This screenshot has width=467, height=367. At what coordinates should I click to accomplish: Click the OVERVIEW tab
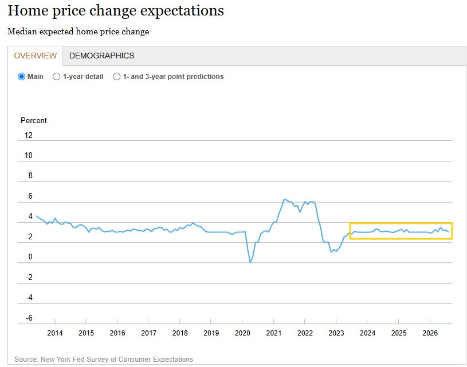35,56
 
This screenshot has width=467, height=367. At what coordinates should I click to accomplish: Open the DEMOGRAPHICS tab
101,56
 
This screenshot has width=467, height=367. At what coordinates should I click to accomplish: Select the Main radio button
21,77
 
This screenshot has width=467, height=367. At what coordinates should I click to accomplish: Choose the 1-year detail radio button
56,77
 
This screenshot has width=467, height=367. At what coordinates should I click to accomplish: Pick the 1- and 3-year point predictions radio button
116,77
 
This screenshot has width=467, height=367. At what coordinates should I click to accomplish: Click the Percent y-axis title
34,121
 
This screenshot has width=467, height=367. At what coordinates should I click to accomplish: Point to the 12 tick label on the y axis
28,136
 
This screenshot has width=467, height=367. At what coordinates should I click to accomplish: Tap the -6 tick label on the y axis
29,318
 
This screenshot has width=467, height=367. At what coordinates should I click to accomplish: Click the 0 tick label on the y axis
30,257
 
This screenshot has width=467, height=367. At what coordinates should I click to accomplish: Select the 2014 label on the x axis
55,333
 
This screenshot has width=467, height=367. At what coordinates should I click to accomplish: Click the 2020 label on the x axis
242,333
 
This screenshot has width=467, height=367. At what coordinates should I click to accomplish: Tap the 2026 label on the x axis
430,333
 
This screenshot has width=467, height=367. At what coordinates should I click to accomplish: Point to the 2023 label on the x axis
336,333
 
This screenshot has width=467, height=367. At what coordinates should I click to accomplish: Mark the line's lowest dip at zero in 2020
250,263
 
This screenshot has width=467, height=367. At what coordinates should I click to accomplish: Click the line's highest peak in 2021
284,199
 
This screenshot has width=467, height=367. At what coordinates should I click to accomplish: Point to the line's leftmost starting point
37,216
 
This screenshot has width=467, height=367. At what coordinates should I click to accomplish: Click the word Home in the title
28,11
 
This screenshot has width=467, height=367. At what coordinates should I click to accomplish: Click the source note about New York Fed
104,359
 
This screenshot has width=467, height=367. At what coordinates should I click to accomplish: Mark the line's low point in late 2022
331,252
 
